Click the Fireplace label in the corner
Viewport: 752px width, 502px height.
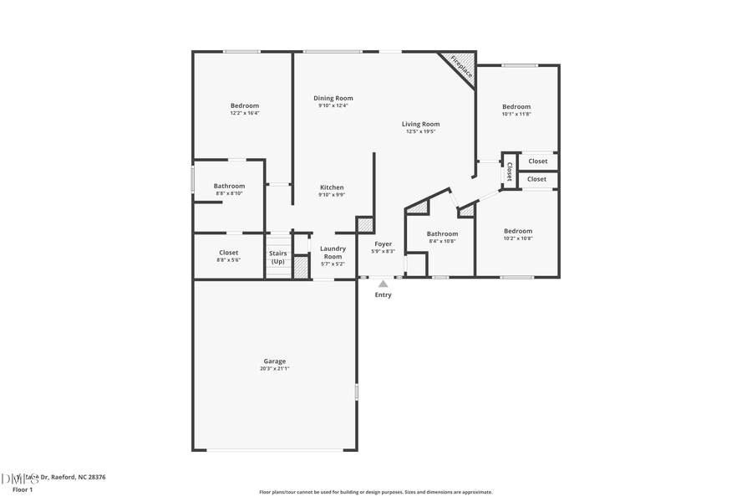[x=461, y=66]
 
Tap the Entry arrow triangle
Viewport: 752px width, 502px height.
[x=383, y=284]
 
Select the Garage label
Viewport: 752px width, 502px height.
[x=275, y=361]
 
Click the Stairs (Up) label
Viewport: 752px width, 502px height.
[x=277, y=257]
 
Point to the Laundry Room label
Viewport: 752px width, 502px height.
[x=333, y=252]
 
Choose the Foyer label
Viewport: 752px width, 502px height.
[x=383, y=243]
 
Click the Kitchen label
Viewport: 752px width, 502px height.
[x=332, y=187]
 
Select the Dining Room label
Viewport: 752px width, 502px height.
[x=333, y=98]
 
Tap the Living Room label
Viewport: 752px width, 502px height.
[x=420, y=124]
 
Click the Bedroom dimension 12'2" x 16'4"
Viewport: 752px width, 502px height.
[x=245, y=113]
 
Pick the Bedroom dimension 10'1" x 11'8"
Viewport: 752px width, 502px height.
[x=516, y=114]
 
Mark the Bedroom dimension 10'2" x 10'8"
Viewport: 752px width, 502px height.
[x=517, y=238]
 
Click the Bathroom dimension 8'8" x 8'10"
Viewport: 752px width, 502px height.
[x=229, y=193]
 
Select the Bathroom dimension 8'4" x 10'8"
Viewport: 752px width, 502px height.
[x=442, y=241]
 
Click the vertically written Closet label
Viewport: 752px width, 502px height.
[x=509, y=172]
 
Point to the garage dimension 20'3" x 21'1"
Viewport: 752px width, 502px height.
[x=275, y=368]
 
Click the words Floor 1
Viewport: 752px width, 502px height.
[x=23, y=489]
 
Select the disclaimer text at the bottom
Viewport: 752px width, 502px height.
[x=375, y=492]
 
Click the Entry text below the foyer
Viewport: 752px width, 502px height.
[x=383, y=295]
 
